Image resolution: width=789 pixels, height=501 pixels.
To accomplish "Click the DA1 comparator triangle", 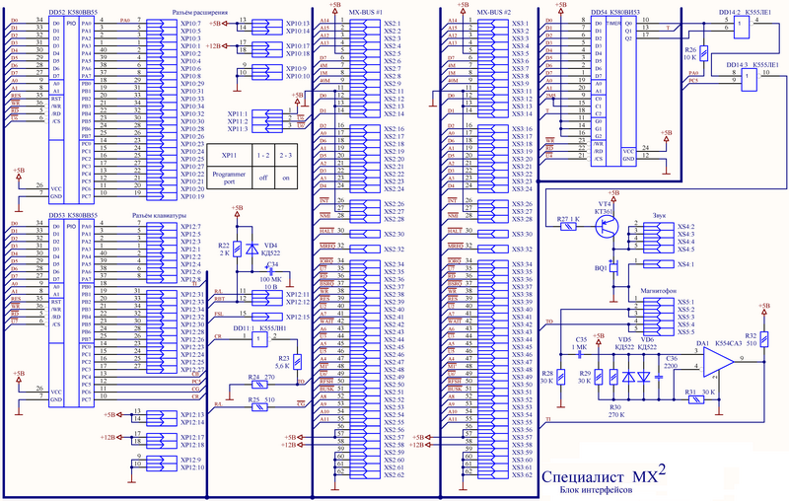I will point(717,366).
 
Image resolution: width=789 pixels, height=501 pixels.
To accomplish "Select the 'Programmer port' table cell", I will point(228,179).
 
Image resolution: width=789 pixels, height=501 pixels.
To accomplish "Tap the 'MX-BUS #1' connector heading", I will point(368,10).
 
